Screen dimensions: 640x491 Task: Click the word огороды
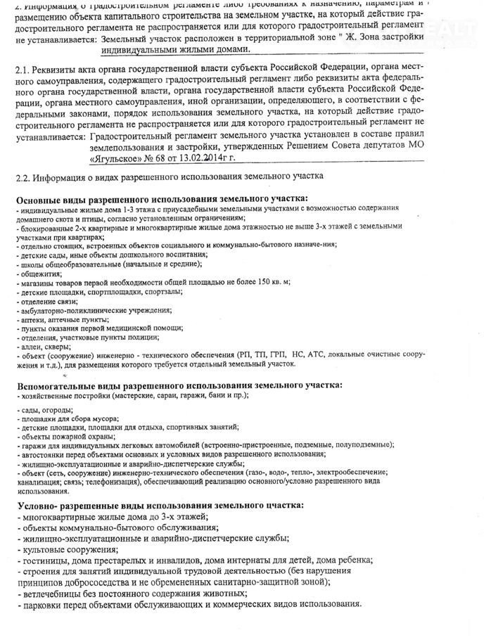(x=54, y=409)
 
